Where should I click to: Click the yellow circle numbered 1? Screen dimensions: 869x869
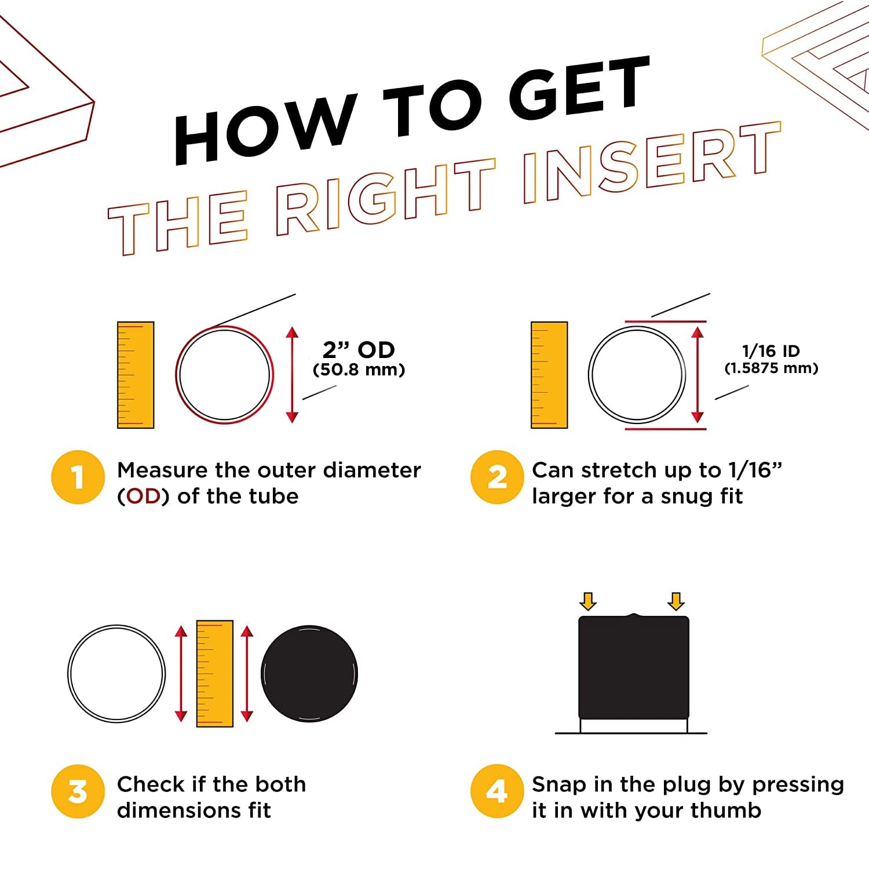click(x=78, y=477)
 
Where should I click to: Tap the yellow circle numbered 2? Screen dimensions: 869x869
click(x=497, y=477)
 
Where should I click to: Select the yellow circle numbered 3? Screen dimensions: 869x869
click(x=78, y=791)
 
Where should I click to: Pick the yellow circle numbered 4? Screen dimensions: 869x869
click(x=497, y=791)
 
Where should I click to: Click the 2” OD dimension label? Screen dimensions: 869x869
click(x=359, y=349)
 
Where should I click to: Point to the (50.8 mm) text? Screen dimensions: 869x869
click(x=359, y=370)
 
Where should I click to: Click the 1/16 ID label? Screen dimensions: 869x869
click(x=771, y=350)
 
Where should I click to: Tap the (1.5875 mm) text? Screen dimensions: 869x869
click(x=771, y=368)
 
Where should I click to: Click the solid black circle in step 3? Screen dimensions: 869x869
click(x=309, y=674)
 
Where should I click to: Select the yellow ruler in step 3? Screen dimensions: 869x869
click(x=215, y=674)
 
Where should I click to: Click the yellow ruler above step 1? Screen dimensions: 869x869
click(x=136, y=375)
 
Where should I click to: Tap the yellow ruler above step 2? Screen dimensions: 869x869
click(x=549, y=375)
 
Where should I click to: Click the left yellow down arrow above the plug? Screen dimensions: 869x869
click(x=588, y=601)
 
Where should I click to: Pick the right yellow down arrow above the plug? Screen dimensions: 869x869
click(x=676, y=601)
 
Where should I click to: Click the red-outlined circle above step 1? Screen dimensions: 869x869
click(x=176, y=375)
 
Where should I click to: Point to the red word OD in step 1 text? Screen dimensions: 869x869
click(x=144, y=496)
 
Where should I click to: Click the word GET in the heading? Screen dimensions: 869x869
click(x=579, y=87)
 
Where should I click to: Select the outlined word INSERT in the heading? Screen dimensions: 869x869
click(x=652, y=163)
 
